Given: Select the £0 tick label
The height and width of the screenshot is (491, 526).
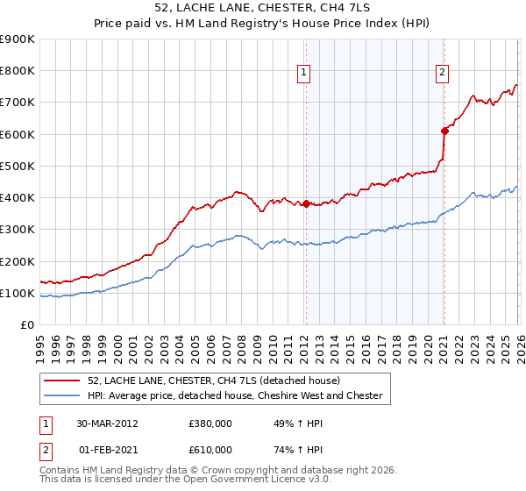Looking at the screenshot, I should [x=27, y=325].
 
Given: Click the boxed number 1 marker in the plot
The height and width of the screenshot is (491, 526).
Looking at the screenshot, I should [x=303, y=74].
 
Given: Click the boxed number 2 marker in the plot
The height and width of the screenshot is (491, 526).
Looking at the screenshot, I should [x=442, y=74].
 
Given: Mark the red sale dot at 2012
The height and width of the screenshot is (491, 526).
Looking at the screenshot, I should [x=306, y=204].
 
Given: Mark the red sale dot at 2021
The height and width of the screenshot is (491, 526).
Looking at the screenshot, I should [x=444, y=132].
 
